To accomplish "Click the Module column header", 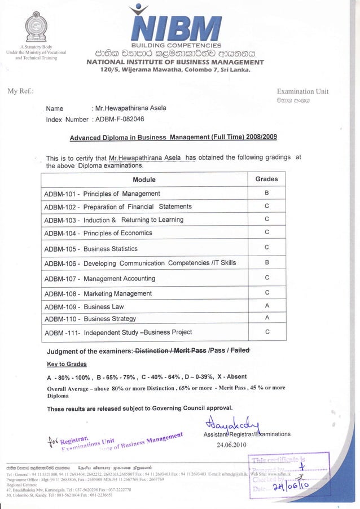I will point(144,179).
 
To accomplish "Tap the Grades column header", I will point(266,179).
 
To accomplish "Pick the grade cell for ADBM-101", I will point(266,193).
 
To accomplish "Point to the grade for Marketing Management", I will point(266,292).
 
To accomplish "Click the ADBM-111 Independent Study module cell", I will point(118,332).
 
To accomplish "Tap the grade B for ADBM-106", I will point(266,263).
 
